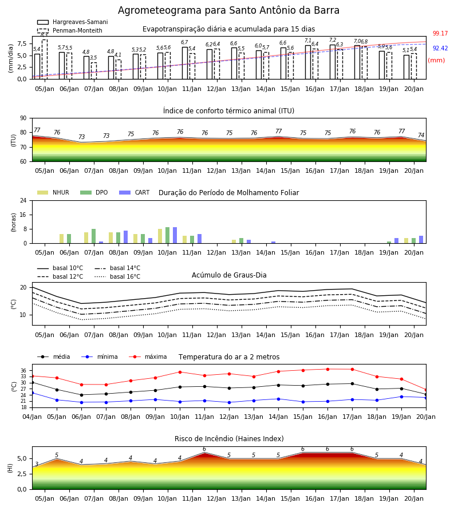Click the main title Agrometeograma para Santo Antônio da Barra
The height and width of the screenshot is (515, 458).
228,10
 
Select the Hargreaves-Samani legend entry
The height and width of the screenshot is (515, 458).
72,22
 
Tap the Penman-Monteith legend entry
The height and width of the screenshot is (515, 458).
70,30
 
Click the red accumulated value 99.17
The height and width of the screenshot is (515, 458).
440,34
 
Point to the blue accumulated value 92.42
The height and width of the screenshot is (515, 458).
440,48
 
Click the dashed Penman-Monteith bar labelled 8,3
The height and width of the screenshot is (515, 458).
45,60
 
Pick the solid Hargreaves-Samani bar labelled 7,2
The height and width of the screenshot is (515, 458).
333,62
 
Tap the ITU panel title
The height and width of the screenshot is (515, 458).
228,111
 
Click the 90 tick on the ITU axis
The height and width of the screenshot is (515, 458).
23,118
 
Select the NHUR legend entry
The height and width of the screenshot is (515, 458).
53,192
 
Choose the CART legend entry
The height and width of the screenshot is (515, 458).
135,192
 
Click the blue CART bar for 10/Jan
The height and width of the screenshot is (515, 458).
175,236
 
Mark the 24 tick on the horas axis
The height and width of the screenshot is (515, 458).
23,200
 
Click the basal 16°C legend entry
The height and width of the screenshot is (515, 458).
117,276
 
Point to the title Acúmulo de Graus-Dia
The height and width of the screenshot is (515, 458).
229,275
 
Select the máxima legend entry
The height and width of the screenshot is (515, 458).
148,356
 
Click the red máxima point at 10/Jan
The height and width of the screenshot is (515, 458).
180,372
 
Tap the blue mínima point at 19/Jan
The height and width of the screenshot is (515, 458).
401,397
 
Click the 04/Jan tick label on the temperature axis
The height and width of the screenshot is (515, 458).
32,417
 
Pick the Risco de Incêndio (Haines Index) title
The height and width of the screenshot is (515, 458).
229,439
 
